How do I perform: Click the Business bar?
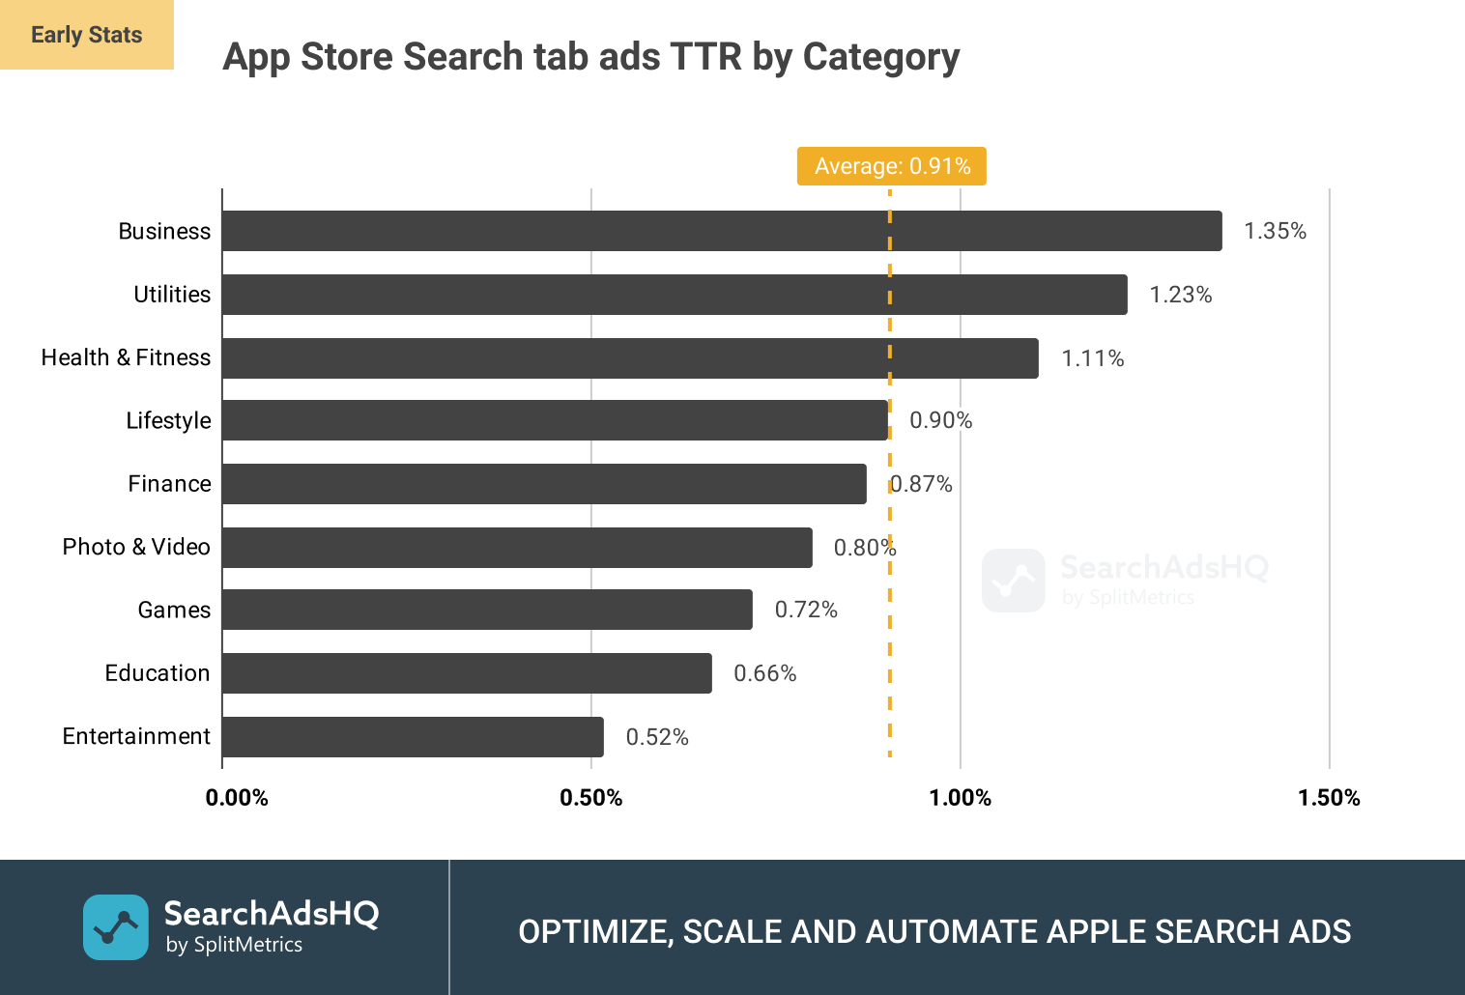click(x=722, y=231)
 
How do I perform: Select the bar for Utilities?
click(x=675, y=295)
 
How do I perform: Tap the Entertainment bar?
click(x=413, y=737)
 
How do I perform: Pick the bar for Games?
click(x=487, y=610)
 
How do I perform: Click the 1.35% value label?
click(x=1275, y=232)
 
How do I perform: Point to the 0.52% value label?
click(x=657, y=738)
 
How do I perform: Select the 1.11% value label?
click(x=1093, y=359)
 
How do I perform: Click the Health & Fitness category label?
click(x=126, y=358)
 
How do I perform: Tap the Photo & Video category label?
click(x=136, y=548)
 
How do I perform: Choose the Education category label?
click(x=158, y=673)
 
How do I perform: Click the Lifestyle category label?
click(x=168, y=421)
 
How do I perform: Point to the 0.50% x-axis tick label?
click(x=591, y=798)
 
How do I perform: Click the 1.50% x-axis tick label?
click(x=1329, y=798)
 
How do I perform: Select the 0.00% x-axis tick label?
click(x=237, y=798)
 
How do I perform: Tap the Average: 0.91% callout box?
click(x=891, y=166)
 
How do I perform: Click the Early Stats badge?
click(x=87, y=35)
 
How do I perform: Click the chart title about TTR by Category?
click(x=591, y=57)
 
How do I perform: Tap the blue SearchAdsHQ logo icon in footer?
click(x=116, y=927)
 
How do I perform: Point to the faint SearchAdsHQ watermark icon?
click(x=1014, y=581)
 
